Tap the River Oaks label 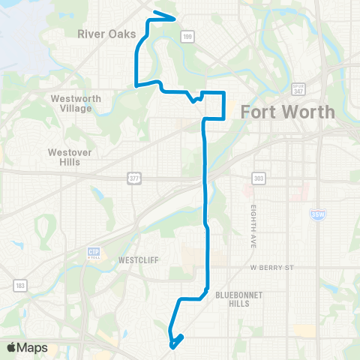[106, 34]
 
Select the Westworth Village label [71, 103]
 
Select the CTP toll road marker [94, 252]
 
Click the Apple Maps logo [27, 347]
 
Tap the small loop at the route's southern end [175, 341]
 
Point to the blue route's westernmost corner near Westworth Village [135, 85]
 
